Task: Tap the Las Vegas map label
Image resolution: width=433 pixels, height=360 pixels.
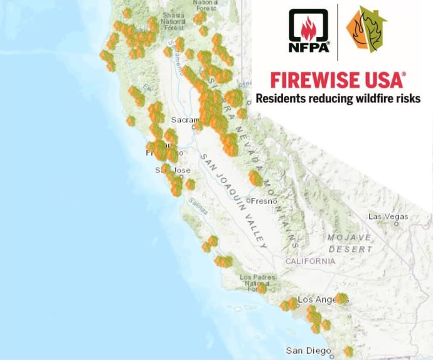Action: [387, 216]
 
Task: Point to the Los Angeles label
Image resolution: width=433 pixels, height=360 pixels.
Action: [319, 300]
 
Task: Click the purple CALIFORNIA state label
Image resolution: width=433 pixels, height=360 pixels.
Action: [311, 261]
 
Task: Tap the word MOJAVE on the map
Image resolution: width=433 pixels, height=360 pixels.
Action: [350, 238]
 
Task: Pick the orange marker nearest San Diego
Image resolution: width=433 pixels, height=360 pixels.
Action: [348, 351]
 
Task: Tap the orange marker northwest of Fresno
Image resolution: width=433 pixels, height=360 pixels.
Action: [255, 179]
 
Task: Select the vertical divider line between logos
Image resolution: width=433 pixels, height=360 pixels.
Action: [337, 32]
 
